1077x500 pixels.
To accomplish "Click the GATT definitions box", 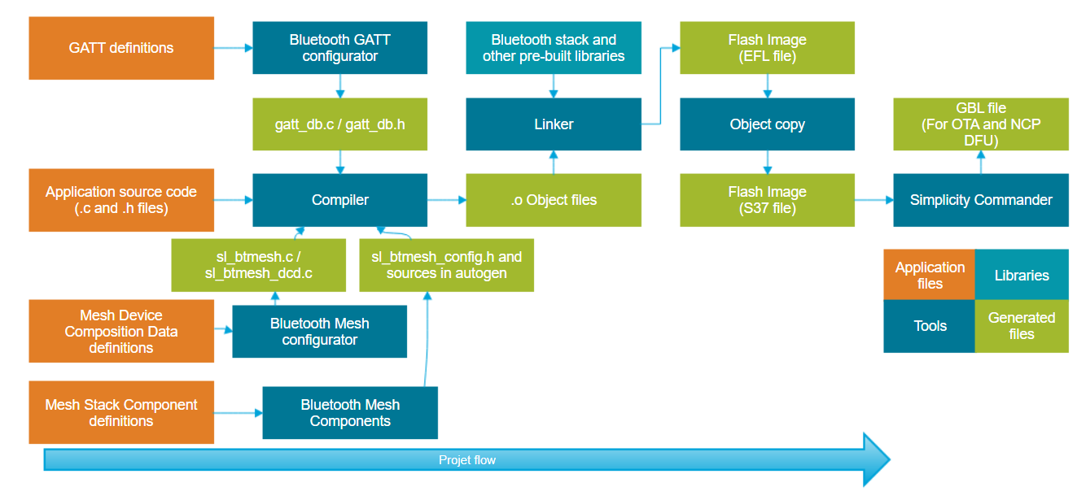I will tap(121, 48).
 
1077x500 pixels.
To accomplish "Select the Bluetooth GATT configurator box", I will tap(339, 48).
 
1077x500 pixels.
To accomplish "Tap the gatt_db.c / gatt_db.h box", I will tap(339, 124).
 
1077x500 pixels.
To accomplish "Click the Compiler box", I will tap(339, 200).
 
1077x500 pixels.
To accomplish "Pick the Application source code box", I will tap(121, 200).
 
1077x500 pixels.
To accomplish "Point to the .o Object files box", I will tap(553, 200).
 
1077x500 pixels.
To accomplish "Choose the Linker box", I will tap(553, 124).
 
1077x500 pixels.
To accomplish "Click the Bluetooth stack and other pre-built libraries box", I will tap(553, 48).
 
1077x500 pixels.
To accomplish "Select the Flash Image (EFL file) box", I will tap(767, 48).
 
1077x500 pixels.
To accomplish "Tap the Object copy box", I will tap(767, 124).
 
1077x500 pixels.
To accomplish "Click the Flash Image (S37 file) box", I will tap(767, 200).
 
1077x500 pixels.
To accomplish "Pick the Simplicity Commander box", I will tap(980, 200).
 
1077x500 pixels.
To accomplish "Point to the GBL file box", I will tap(980, 124).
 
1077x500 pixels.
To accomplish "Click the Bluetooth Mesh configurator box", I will tap(319, 332).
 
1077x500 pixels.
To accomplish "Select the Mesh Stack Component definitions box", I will tap(121, 413).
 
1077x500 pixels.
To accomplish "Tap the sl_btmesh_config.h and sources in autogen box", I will tap(446, 265).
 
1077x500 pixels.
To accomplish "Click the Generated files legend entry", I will tap(1022, 326).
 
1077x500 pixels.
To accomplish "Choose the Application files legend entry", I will tap(929, 276).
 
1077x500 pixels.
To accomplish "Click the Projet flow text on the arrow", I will tap(467, 460).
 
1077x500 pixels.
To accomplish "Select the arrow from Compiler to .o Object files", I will tap(446, 200).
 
